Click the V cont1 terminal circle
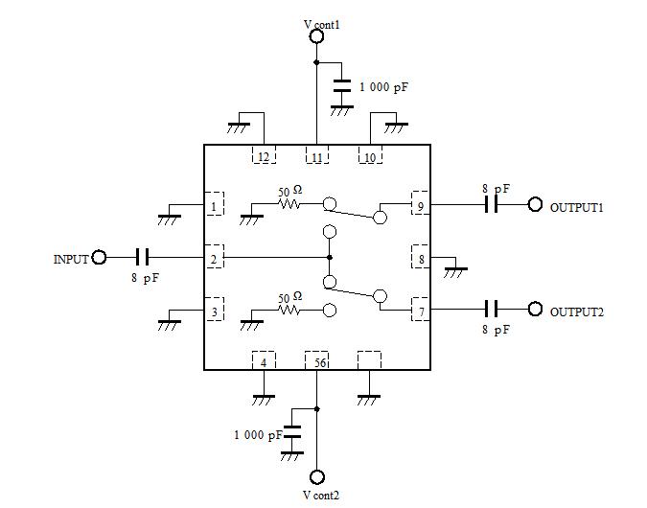[316, 36]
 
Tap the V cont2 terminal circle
[317, 476]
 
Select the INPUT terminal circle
[99, 257]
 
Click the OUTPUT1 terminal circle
[535, 205]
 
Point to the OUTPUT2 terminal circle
[535, 310]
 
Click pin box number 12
[263, 156]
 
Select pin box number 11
[316, 156]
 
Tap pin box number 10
[370, 156]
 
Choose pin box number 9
[419, 204]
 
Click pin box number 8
[419, 257]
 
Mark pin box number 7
[419, 311]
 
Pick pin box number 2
[215, 257]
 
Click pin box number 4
[263, 361]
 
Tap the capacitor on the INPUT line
[143, 257]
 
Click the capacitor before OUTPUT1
[492, 205]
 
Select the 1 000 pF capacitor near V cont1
[341, 87]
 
